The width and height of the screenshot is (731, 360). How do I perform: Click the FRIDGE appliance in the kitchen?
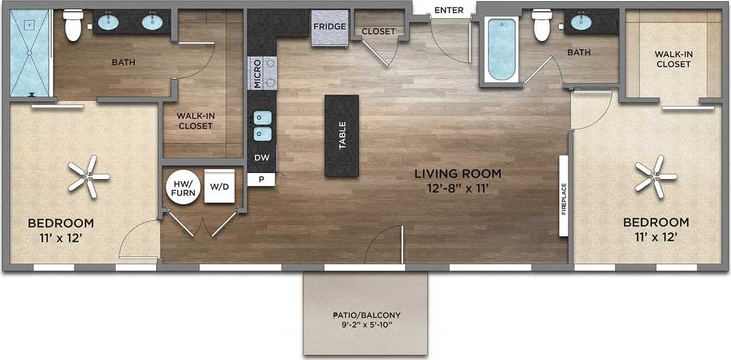[329, 28]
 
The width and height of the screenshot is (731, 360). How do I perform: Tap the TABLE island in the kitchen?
[341, 136]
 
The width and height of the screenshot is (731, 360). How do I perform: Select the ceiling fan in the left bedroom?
[87, 177]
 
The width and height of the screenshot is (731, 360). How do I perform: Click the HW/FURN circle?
[183, 188]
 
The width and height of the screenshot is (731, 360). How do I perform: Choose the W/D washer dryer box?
[219, 186]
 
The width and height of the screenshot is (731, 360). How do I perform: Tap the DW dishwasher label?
[262, 158]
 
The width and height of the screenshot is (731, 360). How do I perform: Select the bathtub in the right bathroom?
[501, 50]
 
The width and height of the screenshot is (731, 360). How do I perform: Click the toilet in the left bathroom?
[73, 25]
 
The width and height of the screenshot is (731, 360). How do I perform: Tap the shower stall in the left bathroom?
[30, 55]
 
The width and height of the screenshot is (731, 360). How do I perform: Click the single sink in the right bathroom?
[581, 23]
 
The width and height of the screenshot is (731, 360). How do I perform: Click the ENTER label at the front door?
[448, 10]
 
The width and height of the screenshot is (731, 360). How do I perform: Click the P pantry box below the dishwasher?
[261, 179]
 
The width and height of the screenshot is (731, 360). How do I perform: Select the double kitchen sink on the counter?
[262, 125]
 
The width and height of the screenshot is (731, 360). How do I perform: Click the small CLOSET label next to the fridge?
[379, 31]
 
